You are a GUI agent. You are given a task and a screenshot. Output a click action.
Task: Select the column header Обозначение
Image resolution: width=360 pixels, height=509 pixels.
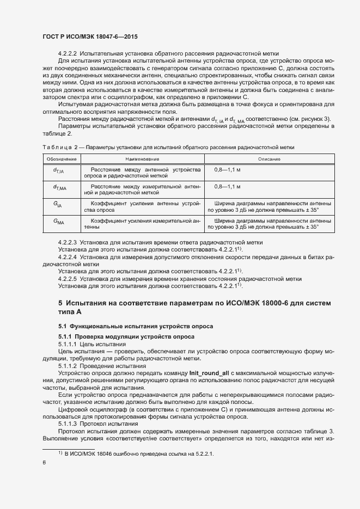tap(58, 159)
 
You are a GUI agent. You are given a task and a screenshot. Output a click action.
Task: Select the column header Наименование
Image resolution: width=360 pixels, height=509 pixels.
tap(142, 159)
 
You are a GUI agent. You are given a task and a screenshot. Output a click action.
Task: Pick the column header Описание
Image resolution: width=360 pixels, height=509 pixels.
tap(269, 159)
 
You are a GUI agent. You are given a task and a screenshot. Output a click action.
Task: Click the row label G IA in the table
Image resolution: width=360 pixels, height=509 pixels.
tap(58, 204)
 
